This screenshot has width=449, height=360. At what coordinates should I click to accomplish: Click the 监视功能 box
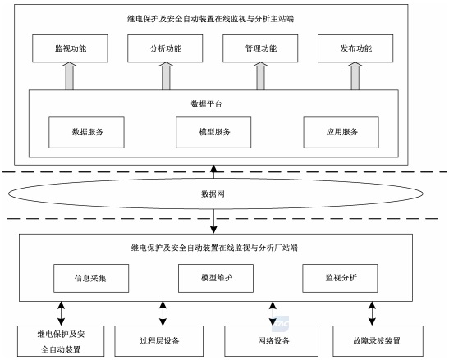pyautogui.click(x=70, y=49)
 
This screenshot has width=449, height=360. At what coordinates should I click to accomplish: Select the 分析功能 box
pyautogui.click(x=165, y=49)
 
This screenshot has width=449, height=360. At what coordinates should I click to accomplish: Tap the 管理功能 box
pyautogui.click(x=259, y=49)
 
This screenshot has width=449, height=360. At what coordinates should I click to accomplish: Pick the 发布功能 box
pyautogui.click(x=355, y=49)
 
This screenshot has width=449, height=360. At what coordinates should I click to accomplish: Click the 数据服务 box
pyautogui.click(x=87, y=131)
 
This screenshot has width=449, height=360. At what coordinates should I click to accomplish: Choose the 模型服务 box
pyautogui.click(x=213, y=131)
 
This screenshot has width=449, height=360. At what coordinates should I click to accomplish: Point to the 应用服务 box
pyautogui.click(x=341, y=131)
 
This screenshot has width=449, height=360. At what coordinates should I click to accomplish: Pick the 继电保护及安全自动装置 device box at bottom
pyautogui.click(x=60, y=340)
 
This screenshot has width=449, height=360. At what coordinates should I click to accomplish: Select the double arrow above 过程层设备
pyautogui.click(x=163, y=312)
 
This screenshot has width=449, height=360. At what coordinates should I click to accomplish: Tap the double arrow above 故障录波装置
pyautogui.click(x=372, y=312)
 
